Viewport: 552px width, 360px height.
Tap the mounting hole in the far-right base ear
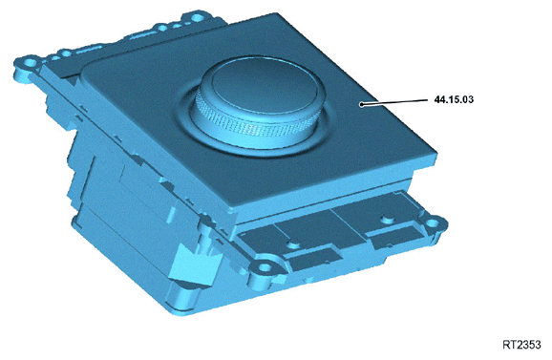441,224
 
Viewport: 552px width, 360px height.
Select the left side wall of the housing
105,191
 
